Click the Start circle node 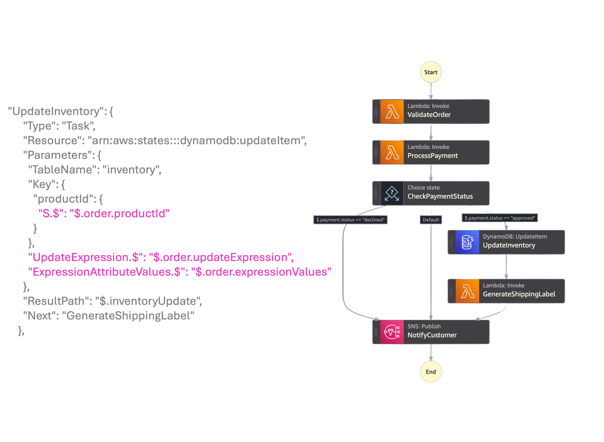pos(431,72)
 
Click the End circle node pos(431,372)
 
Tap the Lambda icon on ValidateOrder pos(392,111)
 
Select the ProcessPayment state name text pos(432,156)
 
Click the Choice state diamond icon pos(392,193)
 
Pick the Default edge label pos(431,220)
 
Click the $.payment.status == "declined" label pos(350,220)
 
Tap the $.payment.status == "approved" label pos(500,218)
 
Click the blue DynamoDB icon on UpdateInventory pos(467,242)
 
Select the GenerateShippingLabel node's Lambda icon pos(467,291)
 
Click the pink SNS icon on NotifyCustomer pos(392,332)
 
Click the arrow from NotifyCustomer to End pos(431,353)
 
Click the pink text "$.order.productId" pos(120,214)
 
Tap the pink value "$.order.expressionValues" pos(261,272)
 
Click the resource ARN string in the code pos(196,140)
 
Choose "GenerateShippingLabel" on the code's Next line pos(128,316)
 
